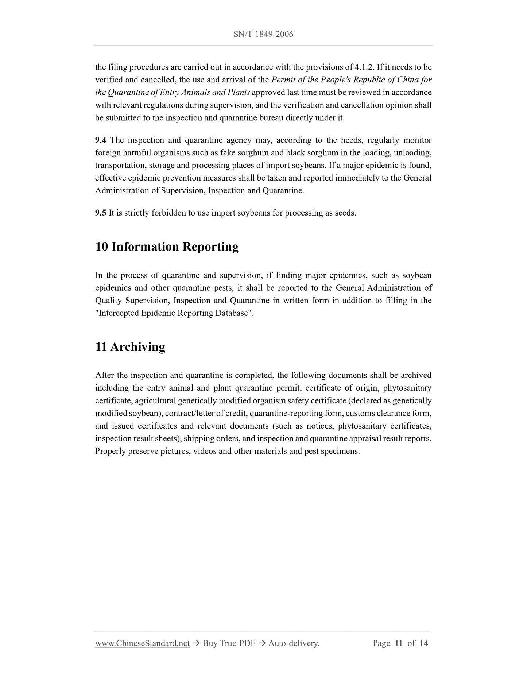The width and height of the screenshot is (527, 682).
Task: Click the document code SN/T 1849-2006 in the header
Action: pyautogui.click(x=263, y=34)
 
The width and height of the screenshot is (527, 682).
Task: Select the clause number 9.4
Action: pyautogui.click(x=101, y=140)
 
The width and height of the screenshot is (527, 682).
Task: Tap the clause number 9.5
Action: pyautogui.click(x=101, y=213)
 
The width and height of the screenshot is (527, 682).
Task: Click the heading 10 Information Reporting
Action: pyautogui.click(x=167, y=247)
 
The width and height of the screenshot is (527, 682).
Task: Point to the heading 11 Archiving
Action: pyautogui.click(x=130, y=346)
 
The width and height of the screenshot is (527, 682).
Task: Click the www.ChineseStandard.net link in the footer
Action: pyautogui.click(x=142, y=643)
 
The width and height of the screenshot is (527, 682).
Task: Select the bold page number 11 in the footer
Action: pyautogui.click(x=398, y=643)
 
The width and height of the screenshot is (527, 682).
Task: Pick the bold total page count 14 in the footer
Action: pyautogui.click(x=423, y=643)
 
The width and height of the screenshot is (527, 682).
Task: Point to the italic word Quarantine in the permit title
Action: pyautogui.click(x=124, y=92)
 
